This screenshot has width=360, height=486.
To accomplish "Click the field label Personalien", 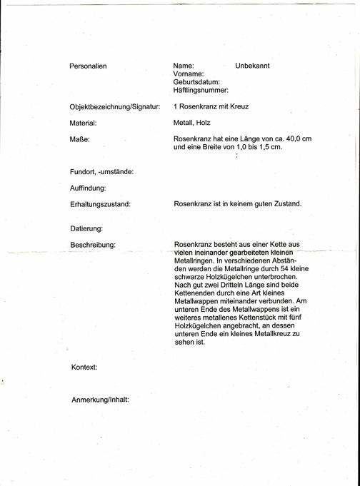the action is click(x=88, y=66).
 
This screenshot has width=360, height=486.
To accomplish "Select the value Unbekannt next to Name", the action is click(x=252, y=66).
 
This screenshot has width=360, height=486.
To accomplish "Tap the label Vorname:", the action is click(x=189, y=74).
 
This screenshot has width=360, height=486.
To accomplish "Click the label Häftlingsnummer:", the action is click(x=201, y=91).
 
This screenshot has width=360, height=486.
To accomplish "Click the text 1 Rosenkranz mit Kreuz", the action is click(x=211, y=107).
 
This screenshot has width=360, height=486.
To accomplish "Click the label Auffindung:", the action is click(x=88, y=188).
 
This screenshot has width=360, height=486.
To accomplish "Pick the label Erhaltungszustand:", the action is click(x=100, y=204).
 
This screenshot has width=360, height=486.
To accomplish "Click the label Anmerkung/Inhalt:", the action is click(x=100, y=400).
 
